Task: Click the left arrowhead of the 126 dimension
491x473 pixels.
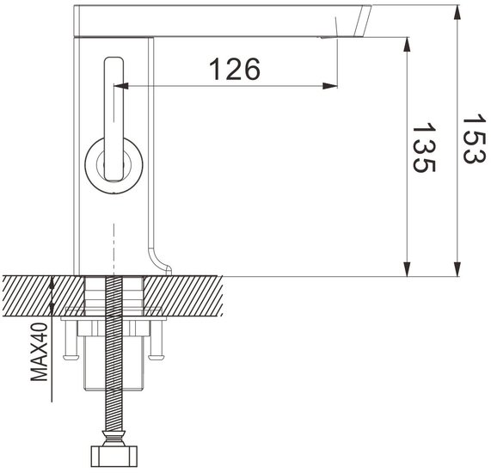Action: (120, 86)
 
